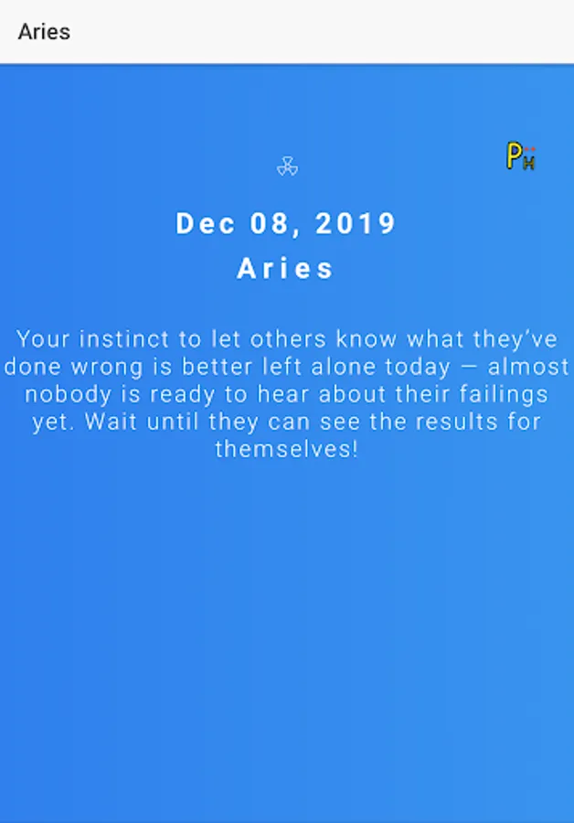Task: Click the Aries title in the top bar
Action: (x=44, y=32)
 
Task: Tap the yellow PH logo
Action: (x=520, y=155)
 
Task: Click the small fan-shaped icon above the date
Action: (x=287, y=166)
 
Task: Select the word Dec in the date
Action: (x=205, y=224)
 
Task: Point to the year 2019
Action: (x=356, y=224)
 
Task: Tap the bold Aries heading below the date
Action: (x=285, y=269)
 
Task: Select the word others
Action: (x=288, y=339)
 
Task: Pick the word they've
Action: (x=515, y=339)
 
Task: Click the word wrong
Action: (x=107, y=367)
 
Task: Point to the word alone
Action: (x=343, y=367)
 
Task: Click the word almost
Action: (x=527, y=367)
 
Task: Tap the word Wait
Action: (x=111, y=422)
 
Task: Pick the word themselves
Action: (x=286, y=449)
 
